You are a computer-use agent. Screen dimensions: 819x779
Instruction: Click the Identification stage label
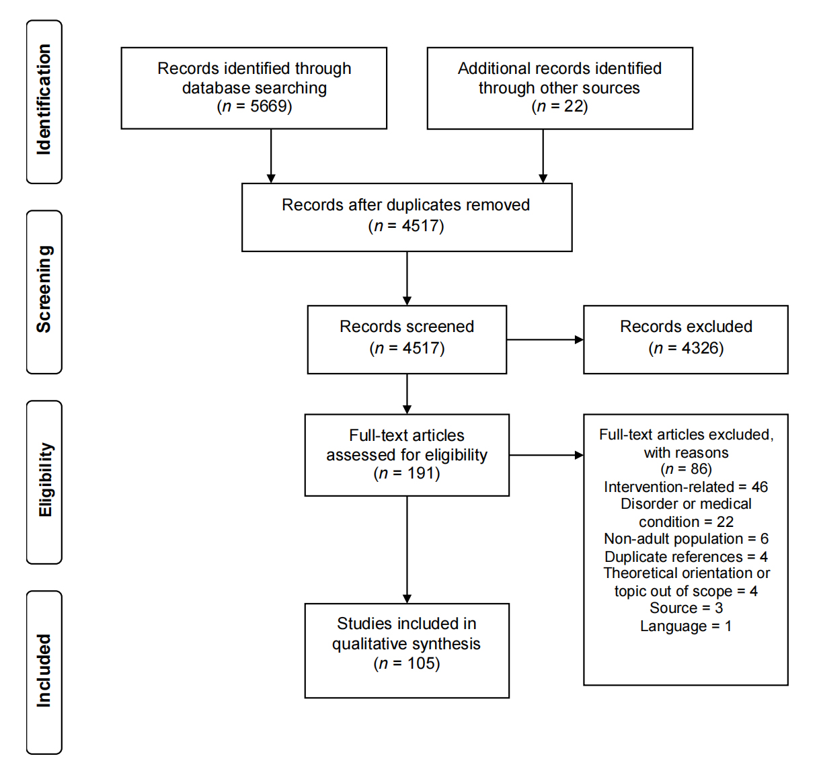[x=44, y=99]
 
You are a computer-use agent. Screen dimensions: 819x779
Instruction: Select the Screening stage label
[x=44, y=289]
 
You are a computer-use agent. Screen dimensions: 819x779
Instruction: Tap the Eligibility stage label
[x=44, y=480]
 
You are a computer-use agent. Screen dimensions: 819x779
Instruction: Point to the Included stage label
[x=44, y=671]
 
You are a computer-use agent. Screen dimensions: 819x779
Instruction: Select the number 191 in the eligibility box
[x=421, y=473]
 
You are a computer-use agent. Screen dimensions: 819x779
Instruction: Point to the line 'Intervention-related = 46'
[x=686, y=487]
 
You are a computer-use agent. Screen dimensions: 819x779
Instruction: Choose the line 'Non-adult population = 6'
[x=686, y=538]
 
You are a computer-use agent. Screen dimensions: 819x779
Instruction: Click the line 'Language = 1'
[x=686, y=626]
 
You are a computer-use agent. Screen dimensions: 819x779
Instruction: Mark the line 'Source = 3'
[x=686, y=608]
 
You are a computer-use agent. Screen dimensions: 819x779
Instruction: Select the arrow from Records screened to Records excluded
[x=545, y=339]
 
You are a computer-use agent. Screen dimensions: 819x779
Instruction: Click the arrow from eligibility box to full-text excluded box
[x=546, y=455]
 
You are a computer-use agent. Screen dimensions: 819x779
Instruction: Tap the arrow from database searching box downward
[x=271, y=156]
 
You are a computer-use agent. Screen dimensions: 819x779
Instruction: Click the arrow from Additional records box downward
[x=543, y=156]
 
